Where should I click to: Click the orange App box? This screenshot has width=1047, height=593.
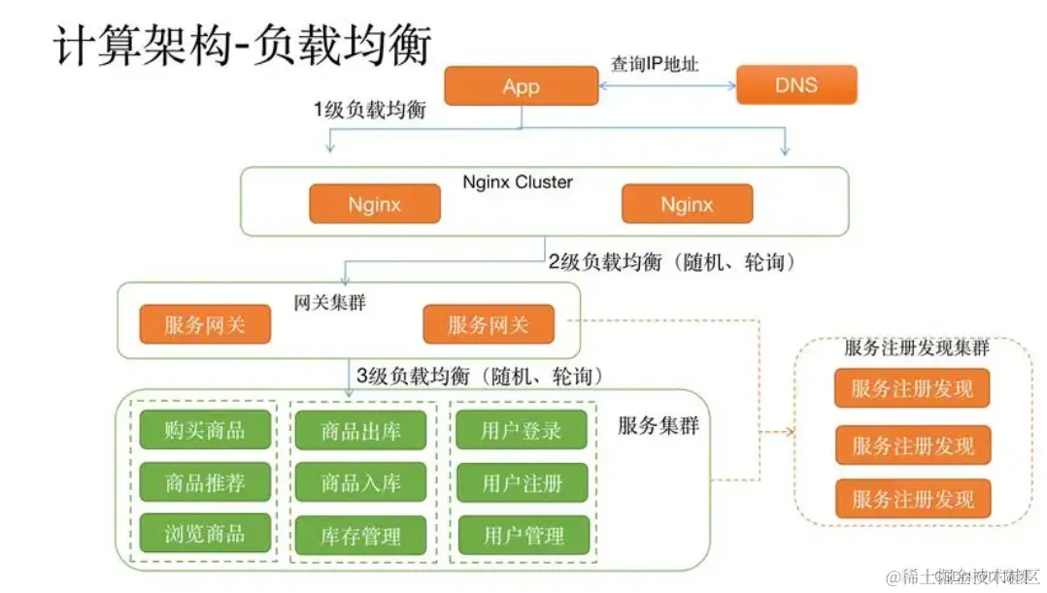[x=521, y=86]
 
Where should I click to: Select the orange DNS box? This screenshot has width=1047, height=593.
[x=796, y=85]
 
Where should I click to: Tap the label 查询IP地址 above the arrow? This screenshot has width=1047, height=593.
[x=655, y=64]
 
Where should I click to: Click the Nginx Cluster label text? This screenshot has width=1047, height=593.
[x=518, y=182]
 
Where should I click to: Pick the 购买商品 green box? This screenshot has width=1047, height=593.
[x=204, y=430]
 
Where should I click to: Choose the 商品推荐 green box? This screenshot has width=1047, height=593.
[x=204, y=481]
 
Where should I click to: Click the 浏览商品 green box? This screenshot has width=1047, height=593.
[x=204, y=533]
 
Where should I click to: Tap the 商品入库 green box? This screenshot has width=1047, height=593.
[x=360, y=482]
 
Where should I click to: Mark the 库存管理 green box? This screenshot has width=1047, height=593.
[x=360, y=535]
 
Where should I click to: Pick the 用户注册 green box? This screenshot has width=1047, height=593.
[x=522, y=482]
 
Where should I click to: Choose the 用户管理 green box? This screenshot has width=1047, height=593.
[x=522, y=535]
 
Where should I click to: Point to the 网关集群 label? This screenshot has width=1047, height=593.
[x=329, y=303]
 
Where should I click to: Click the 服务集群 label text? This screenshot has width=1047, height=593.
[x=659, y=425]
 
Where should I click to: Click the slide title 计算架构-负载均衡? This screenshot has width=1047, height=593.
[x=242, y=44]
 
